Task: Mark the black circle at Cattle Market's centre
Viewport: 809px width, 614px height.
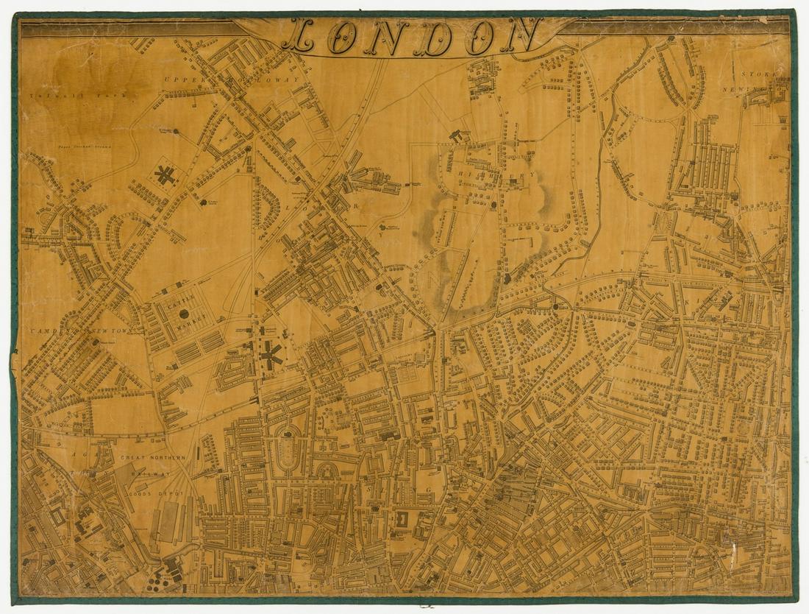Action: pyautogui.click(x=184, y=314)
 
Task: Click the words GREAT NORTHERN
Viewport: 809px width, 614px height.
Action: pyautogui.click(x=154, y=458)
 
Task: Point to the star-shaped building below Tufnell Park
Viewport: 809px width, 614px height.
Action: pyautogui.click(x=165, y=176)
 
